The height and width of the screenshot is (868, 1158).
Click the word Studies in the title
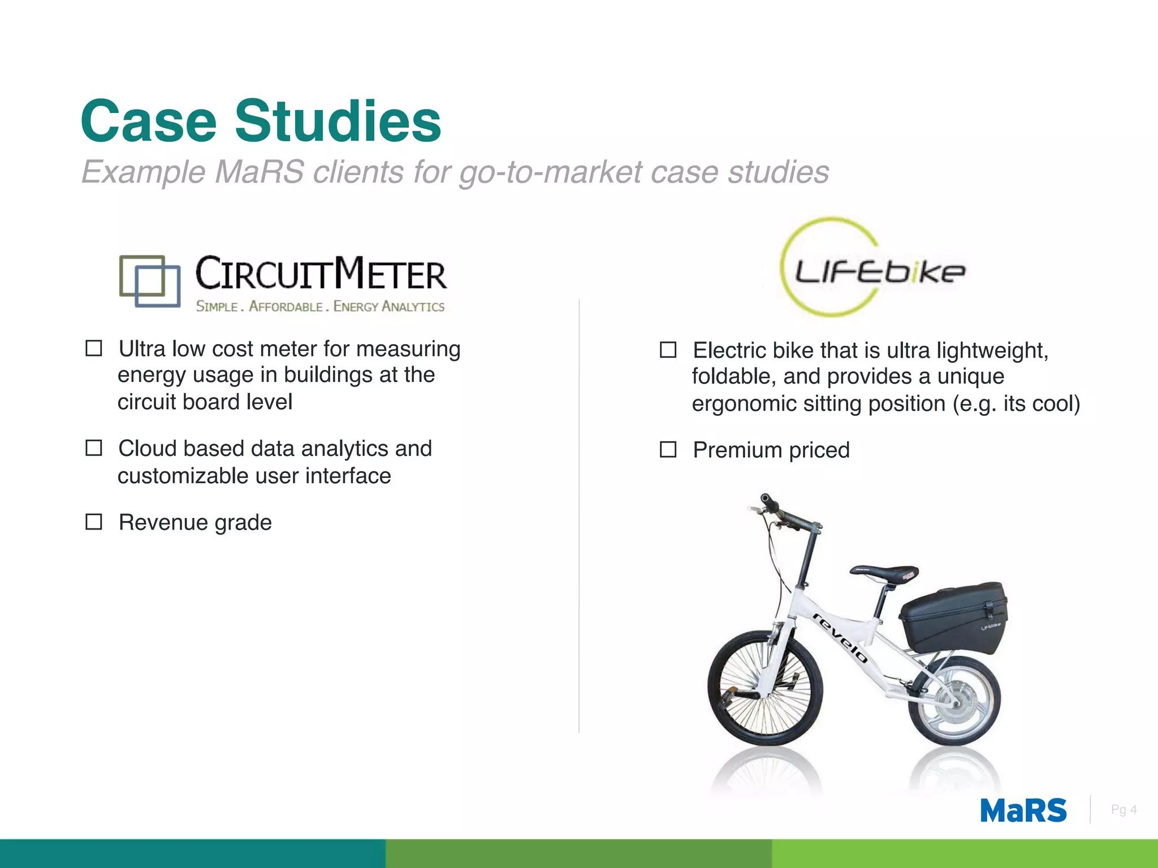(338, 121)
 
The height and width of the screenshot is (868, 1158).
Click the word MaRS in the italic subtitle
(259, 172)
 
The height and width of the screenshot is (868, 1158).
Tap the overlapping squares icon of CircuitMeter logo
(150, 281)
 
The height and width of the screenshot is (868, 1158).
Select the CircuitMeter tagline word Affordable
(286, 306)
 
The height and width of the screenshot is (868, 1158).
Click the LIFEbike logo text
(879, 272)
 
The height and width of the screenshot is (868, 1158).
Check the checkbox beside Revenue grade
(94, 522)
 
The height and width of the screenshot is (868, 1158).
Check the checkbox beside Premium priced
(668, 450)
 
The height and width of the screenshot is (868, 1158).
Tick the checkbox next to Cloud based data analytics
(94, 448)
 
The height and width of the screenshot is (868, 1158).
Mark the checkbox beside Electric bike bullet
(668, 350)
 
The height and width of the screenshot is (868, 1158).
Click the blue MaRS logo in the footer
(1023, 810)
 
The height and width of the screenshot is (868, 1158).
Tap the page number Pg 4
(1124, 810)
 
